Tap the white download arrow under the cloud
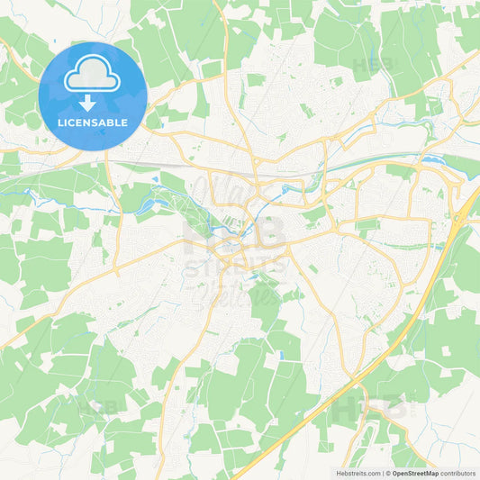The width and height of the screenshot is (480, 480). point(93,102)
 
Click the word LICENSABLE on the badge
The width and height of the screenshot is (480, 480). point(93,122)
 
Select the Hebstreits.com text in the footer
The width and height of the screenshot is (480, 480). point(358,472)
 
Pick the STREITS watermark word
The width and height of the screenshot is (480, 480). point(236,267)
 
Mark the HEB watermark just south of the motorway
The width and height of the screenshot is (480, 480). point(370,408)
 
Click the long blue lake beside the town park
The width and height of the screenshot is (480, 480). point(148,206)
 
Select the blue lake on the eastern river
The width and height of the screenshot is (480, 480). point(432,161)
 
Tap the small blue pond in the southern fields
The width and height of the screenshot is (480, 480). point(280,355)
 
